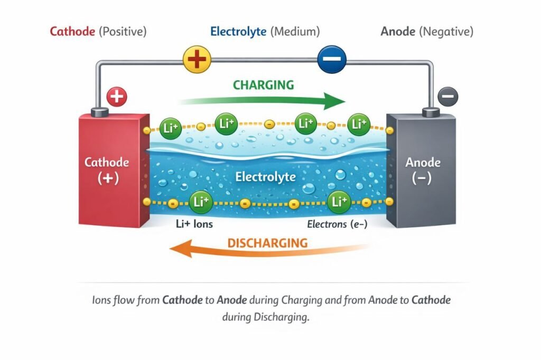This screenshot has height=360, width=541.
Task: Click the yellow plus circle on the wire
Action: click(197, 59)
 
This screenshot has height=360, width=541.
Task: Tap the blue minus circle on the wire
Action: click(331, 59)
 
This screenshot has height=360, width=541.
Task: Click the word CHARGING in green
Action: click(263, 85)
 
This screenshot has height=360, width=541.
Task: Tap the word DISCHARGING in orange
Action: click(267, 243)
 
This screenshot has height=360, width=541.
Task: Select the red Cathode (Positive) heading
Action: click(98, 32)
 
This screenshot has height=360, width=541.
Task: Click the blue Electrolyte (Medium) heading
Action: click(265, 32)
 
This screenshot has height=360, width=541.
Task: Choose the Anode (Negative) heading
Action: click(426, 32)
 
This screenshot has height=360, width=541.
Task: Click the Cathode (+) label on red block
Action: click(107, 170)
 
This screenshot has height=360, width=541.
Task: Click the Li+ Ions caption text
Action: click(194, 224)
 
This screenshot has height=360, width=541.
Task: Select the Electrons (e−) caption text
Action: click(337, 224)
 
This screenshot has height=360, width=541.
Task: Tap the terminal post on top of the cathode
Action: click(99, 112)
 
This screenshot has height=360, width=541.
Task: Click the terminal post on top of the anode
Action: click(431, 112)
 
